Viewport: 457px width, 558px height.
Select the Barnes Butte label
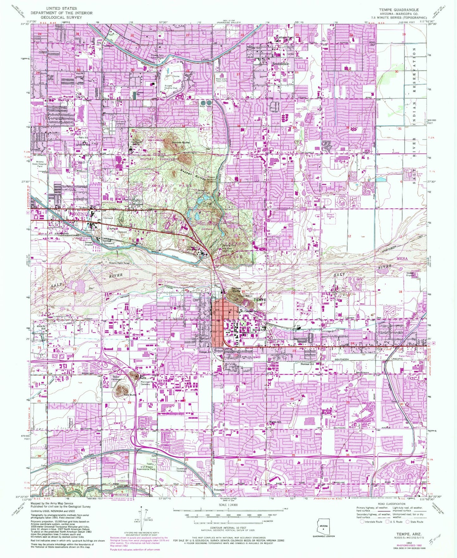[181, 143]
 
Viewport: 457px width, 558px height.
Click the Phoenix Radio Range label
[119, 263]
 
